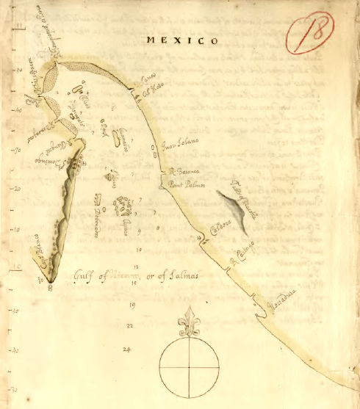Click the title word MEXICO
(182, 41)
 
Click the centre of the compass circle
(190, 367)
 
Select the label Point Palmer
(184, 186)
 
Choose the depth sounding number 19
(132, 304)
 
